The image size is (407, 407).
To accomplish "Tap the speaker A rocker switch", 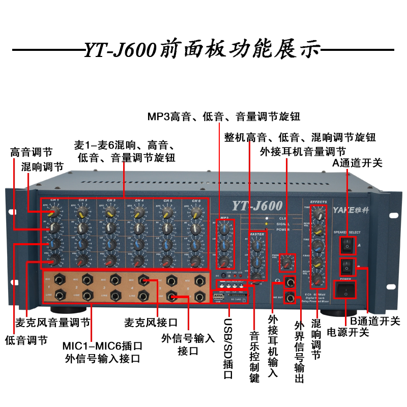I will (346, 246).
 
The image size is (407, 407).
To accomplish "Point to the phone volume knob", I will (288, 261).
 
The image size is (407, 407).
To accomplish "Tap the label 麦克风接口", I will (151, 323).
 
